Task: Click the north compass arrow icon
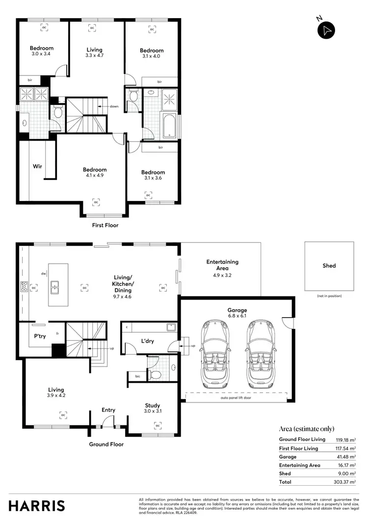[x=327, y=30]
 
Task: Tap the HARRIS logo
[x=37, y=505]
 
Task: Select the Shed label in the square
[x=329, y=266]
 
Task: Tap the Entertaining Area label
[x=222, y=265]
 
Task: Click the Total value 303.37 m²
[x=345, y=482]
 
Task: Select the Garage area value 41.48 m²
[x=345, y=457]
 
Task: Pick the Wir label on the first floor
[x=37, y=166]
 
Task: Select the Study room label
[x=152, y=405]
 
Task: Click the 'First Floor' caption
[x=105, y=225]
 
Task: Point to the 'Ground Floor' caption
[x=106, y=444]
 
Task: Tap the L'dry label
[x=148, y=341]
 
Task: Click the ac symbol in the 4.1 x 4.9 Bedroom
[x=96, y=201]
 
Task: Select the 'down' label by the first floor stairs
[x=113, y=106]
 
